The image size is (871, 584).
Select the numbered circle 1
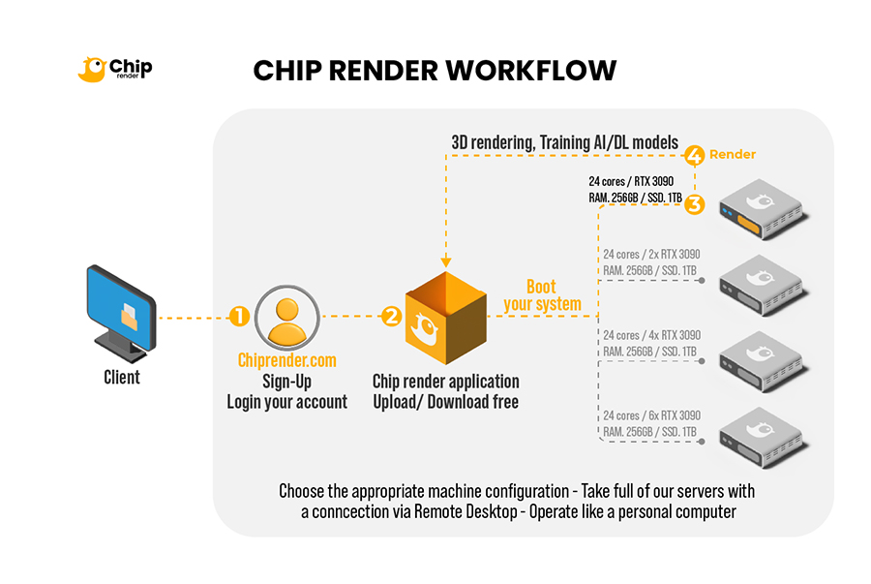coord(239,317)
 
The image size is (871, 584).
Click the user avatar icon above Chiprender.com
coord(286,317)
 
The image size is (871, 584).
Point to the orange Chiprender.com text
coord(286,360)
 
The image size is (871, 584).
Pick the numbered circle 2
coord(391,316)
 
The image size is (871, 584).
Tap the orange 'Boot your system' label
coord(542,295)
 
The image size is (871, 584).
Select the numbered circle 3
coord(696,205)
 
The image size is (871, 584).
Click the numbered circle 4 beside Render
coord(694,155)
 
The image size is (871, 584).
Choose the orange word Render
coord(733,155)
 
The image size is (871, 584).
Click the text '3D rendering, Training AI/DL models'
coord(565,142)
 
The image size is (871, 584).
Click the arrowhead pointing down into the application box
coord(444,261)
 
